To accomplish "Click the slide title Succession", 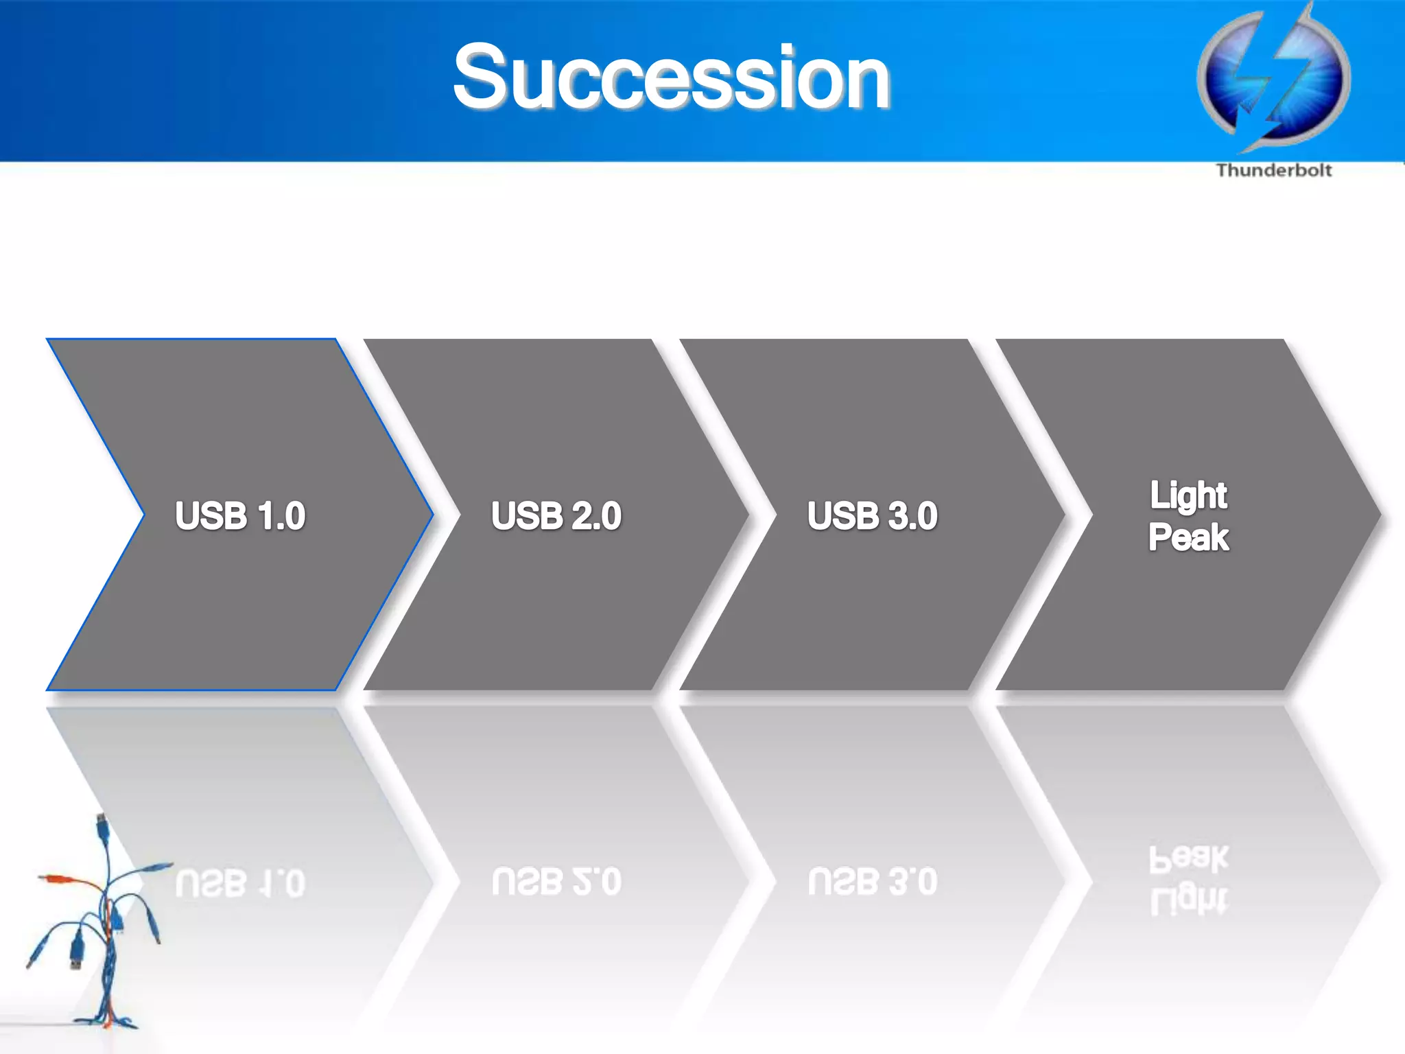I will pyautogui.click(x=671, y=77).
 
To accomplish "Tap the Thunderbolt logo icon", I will pyautogui.click(x=1273, y=79).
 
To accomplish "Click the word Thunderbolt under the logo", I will pyautogui.click(x=1273, y=170).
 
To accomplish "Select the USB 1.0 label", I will pyautogui.click(x=240, y=516).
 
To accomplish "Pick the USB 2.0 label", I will pyautogui.click(x=556, y=516).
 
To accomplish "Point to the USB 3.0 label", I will pyautogui.click(x=872, y=516).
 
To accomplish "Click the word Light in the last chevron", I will pyautogui.click(x=1188, y=495).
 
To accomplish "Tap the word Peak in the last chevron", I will pyautogui.click(x=1188, y=537).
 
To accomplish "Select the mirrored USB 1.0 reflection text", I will pyautogui.click(x=240, y=882).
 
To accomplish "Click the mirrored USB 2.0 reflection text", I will pyautogui.click(x=556, y=882).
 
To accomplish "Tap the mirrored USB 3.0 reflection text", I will pyautogui.click(x=872, y=882).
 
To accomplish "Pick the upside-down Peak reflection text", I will pyautogui.click(x=1188, y=858).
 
